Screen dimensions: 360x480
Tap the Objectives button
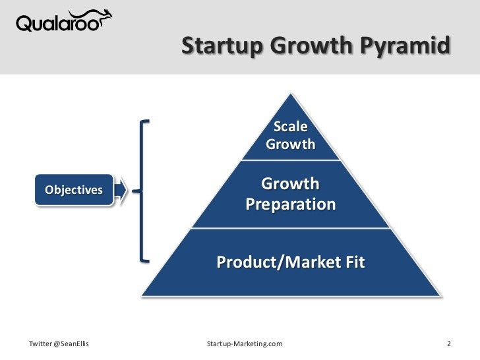click(x=74, y=191)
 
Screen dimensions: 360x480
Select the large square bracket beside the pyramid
click(x=143, y=191)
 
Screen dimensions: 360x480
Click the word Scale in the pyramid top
click(x=291, y=127)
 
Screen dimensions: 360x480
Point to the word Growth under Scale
click(x=291, y=144)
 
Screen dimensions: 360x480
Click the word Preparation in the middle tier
click(x=291, y=204)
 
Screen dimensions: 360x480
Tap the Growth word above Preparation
click(x=291, y=183)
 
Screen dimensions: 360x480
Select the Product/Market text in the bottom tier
click(x=274, y=262)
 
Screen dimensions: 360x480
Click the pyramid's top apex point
click(x=291, y=93)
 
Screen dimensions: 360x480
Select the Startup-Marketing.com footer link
click(x=245, y=344)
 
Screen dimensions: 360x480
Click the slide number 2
click(x=448, y=344)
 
